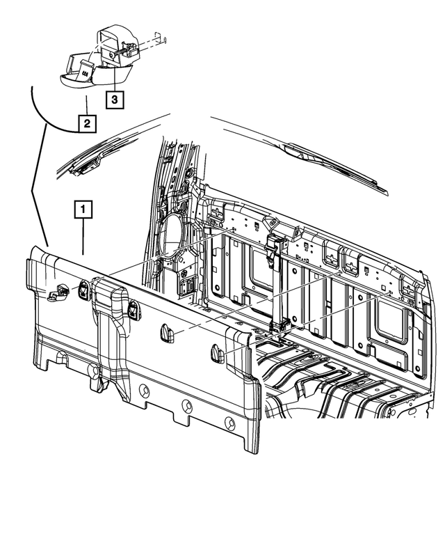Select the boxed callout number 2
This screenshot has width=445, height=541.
click(x=86, y=125)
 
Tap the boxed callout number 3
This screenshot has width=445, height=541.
click(x=115, y=100)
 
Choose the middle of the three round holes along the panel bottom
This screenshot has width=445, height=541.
click(x=186, y=406)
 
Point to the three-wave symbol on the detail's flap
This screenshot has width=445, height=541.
click(x=83, y=73)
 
